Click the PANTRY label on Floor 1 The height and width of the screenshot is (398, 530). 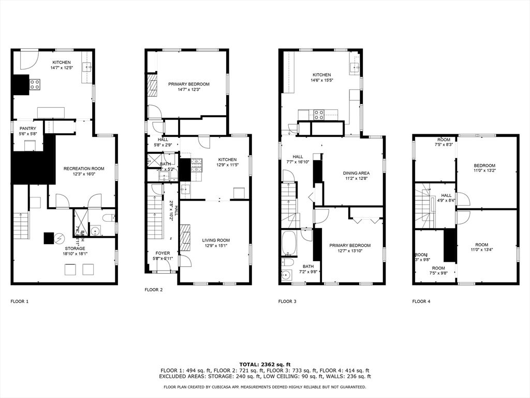(x=28, y=128)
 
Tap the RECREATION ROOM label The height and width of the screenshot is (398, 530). (x=84, y=168)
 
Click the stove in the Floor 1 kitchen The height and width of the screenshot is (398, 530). (x=35, y=84)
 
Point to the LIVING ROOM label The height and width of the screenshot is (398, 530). (x=216, y=240)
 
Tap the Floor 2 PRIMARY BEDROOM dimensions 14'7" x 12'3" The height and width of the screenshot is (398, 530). (x=188, y=90)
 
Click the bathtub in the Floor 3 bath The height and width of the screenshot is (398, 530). (x=289, y=244)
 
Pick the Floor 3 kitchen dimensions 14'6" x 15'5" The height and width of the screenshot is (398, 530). (x=321, y=80)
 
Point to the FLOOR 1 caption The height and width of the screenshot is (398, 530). (x=20, y=301)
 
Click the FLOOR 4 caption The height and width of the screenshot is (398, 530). (x=421, y=301)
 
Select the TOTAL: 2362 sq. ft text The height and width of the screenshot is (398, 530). (x=264, y=364)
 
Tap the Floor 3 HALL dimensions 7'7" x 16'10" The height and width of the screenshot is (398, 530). (x=298, y=162)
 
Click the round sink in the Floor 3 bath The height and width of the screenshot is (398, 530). (x=285, y=275)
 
